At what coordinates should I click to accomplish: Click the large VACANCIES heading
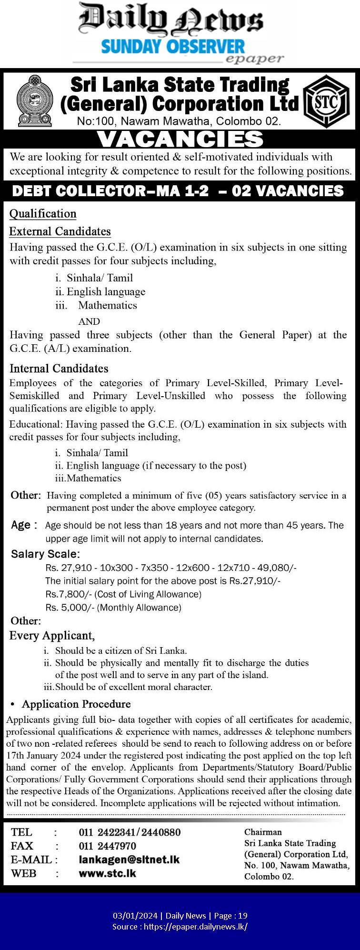click(x=180, y=139)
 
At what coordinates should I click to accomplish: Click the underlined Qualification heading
click(x=43, y=214)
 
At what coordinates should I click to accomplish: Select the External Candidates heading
click(x=60, y=231)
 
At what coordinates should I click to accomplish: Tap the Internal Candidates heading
click(x=59, y=369)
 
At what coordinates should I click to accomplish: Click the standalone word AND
click(x=90, y=321)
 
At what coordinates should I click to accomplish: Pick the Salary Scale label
click(x=45, y=554)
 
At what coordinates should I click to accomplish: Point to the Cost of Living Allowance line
click(x=123, y=594)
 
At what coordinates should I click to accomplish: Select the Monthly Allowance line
click(x=113, y=608)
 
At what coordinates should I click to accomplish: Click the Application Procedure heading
click(x=76, y=704)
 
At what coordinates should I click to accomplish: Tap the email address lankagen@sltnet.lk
click(x=129, y=860)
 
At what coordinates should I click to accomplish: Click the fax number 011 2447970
click(x=108, y=846)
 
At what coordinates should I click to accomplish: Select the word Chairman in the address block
click(x=263, y=832)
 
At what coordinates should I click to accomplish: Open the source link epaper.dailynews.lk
click(x=195, y=927)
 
